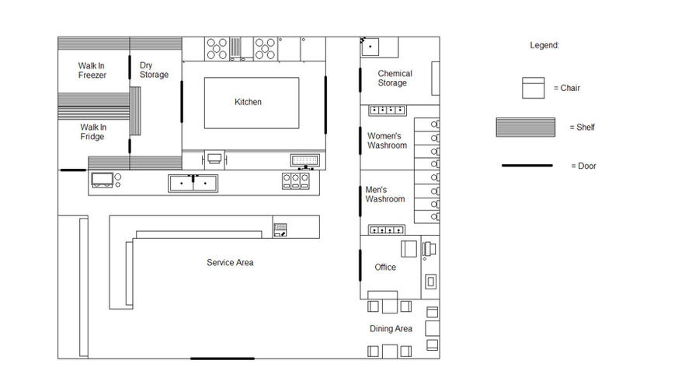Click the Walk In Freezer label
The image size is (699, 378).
click(92, 71)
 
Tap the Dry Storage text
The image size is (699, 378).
click(154, 70)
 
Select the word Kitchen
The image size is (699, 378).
click(248, 102)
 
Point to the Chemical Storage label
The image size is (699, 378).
click(395, 79)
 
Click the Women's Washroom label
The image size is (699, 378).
click(387, 141)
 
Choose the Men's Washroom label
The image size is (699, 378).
click(385, 194)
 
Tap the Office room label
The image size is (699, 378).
click(385, 267)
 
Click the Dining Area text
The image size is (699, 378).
click(391, 329)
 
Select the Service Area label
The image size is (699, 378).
click(230, 263)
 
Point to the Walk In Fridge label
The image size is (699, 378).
click(92, 132)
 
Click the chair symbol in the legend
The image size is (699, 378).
click(533, 88)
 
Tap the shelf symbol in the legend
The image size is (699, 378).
click(526, 127)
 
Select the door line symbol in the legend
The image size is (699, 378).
click(527, 166)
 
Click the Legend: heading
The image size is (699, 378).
click(544, 46)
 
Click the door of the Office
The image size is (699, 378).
click(360, 265)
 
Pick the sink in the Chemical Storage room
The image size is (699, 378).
click(372, 47)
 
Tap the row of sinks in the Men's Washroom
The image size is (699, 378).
click(387, 230)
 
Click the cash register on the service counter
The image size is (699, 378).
click(280, 229)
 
